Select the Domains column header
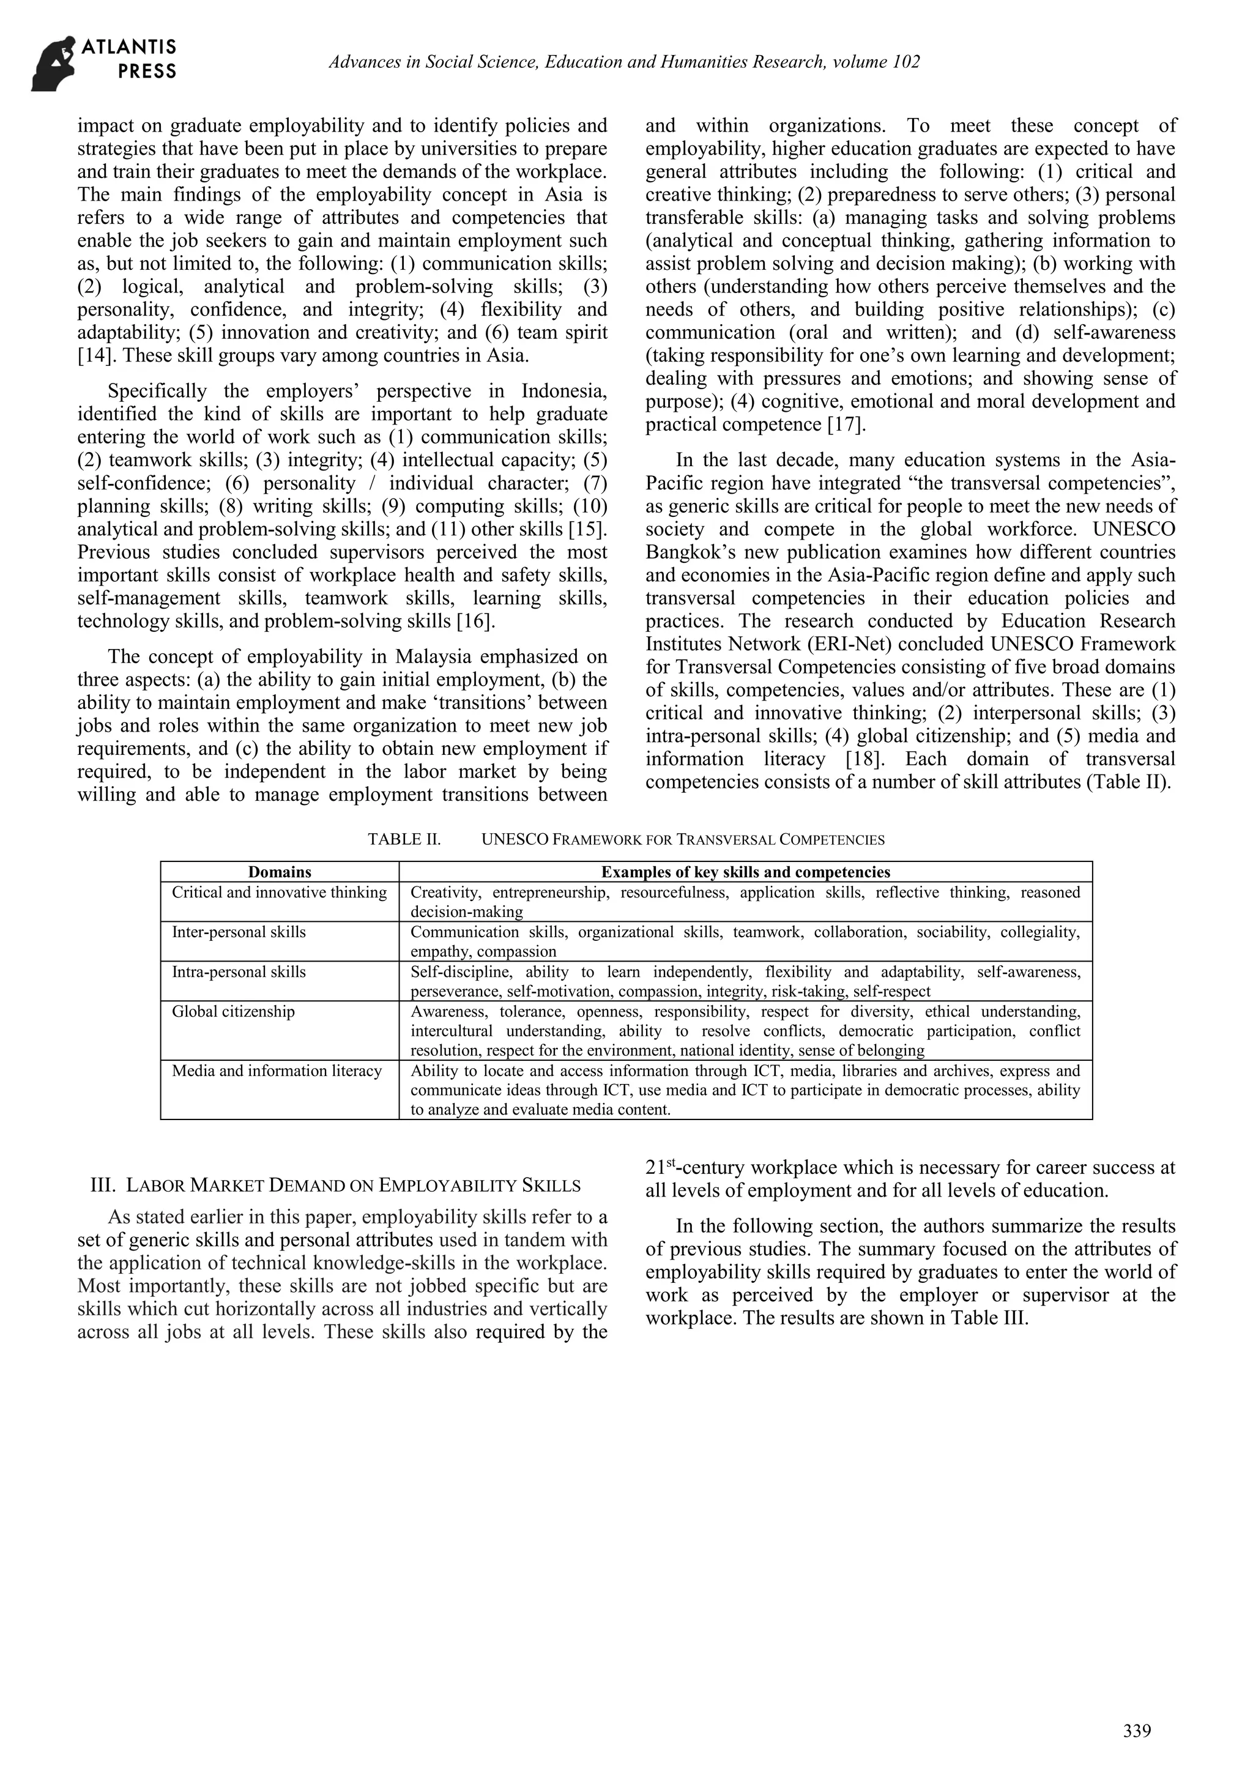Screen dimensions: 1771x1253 coord(280,872)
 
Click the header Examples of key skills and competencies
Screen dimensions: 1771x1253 coord(745,872)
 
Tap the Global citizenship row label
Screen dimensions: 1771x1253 coord(233,1011)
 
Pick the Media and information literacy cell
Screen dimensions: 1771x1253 coord(276,1071)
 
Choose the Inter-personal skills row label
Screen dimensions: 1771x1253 coord(239,932)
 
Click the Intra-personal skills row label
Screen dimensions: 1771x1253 coord(239,972)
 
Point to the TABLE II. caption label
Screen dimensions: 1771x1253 coord(404,839)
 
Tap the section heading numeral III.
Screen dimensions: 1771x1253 coord(103,1185)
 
